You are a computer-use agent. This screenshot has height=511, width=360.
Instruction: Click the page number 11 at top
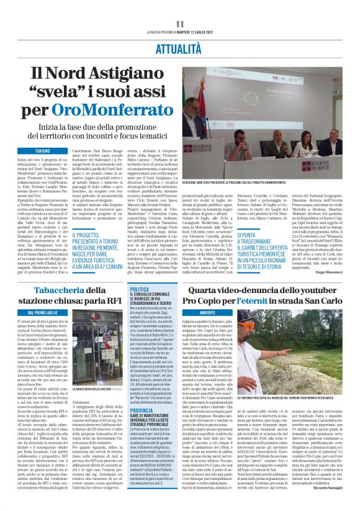pos(180,24)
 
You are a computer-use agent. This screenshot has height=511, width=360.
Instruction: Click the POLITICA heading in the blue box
pos(140,289)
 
